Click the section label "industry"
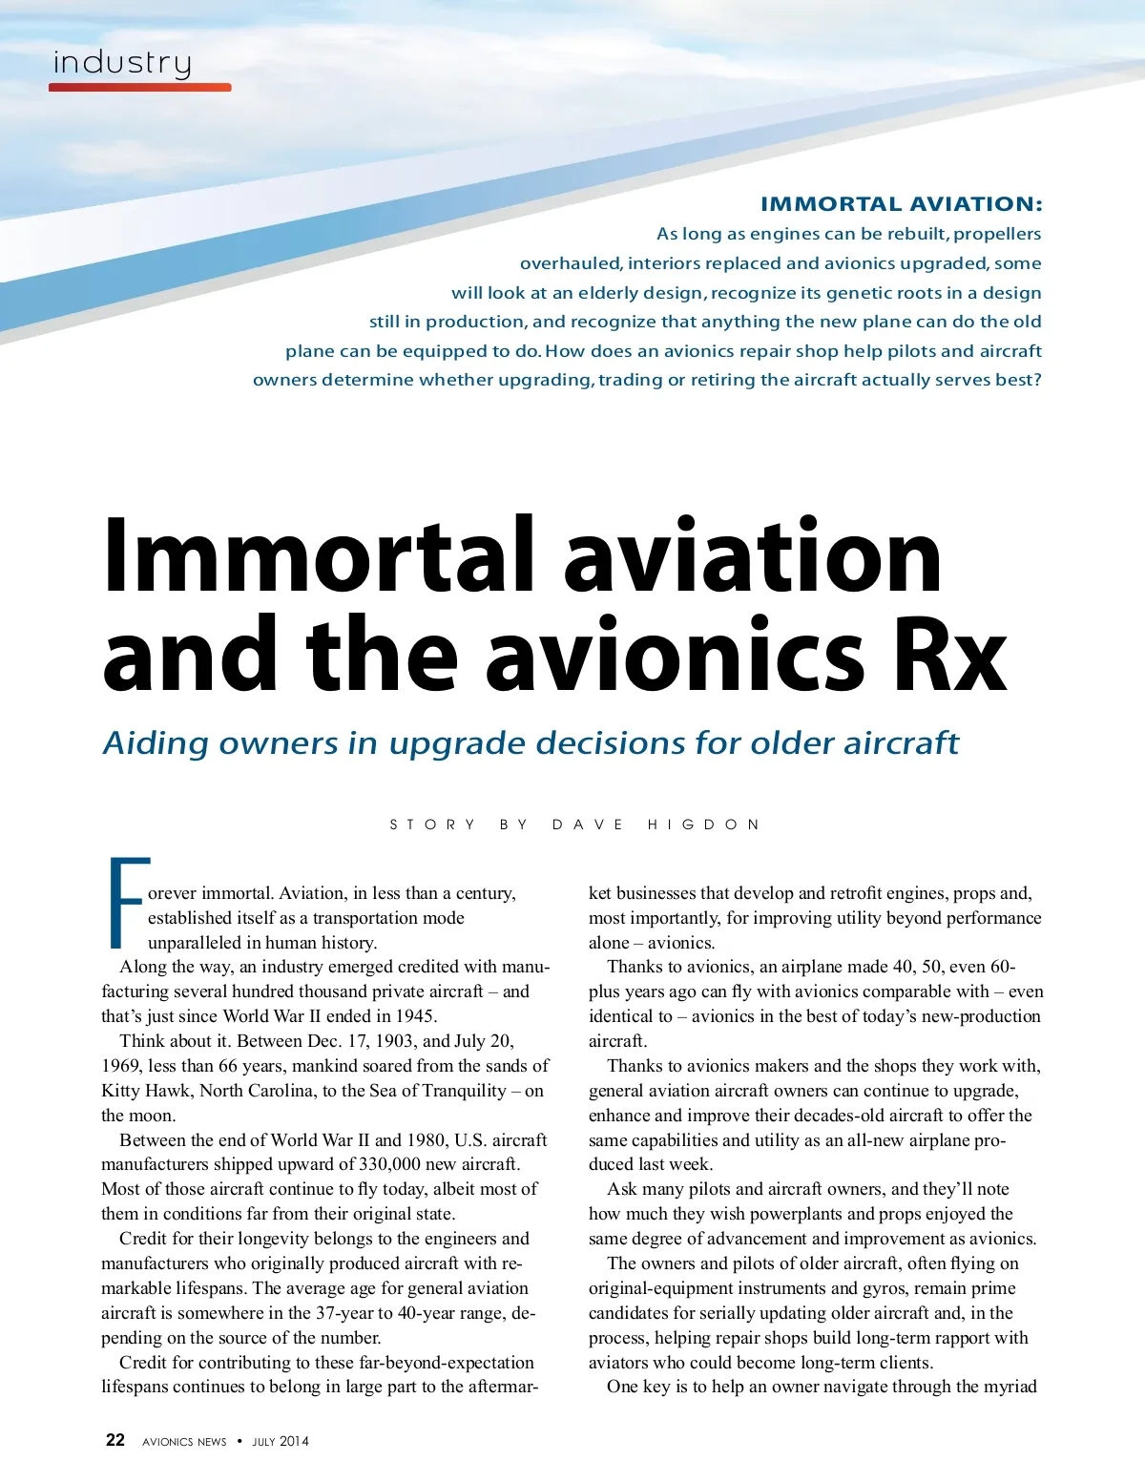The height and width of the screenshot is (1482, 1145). [x=122, y=63]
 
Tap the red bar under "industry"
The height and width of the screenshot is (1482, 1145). [x=140, y=87]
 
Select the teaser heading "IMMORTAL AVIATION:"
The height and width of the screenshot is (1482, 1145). [x=901, y=204]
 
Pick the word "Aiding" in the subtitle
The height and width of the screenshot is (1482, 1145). [x=156, y=743]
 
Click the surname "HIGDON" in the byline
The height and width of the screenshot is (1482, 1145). [x=703, y=824]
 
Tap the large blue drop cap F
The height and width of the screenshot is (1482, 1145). [x=127, y=903]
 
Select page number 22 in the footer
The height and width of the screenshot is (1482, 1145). [x=114, y=1440]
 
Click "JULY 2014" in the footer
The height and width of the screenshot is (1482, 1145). [x=281, y=1442]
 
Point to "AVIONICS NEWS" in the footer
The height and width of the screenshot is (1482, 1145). [x=184, y=1442]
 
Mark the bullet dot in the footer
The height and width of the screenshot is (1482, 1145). [x=239, y=1441]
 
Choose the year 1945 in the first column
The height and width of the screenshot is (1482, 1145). [x=416, y=1016]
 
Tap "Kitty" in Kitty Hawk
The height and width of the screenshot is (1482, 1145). [x=122, y=1091]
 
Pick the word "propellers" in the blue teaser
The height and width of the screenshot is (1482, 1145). [x=997, y=234]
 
